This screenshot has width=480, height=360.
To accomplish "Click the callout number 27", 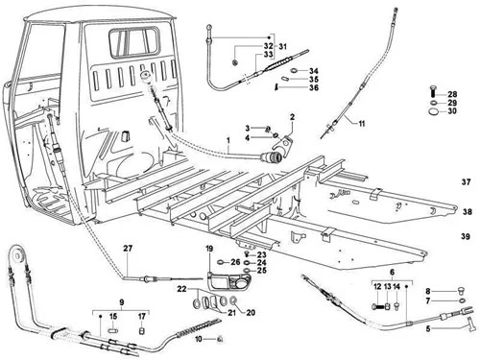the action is point(128,248).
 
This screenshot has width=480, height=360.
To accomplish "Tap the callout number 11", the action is point(362,124).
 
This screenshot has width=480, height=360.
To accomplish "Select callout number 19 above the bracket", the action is point(209,249).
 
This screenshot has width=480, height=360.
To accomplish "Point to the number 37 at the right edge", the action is point(467,182).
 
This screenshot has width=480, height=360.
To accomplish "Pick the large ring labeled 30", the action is point(433,111).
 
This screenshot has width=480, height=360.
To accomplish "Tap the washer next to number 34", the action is point(295,71).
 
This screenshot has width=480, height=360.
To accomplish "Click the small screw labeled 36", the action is point(276,87).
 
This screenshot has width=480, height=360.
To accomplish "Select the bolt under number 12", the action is point(377,307).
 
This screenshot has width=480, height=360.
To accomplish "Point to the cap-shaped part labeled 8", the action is point(461,291).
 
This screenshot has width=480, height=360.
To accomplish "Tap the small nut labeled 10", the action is point(220,339).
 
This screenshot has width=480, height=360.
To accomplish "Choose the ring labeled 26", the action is point(222,262).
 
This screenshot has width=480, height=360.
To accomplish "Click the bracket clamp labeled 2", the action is point(283,145).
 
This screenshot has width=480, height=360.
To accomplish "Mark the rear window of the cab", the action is point(134,42).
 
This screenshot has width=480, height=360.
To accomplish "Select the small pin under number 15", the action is point(112,329).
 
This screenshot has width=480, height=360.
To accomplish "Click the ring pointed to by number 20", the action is point(233,300).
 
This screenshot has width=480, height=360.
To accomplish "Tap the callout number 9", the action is point(122,301).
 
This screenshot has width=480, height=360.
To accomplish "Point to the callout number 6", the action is point(392,273).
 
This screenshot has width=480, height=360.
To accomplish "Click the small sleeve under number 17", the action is point(142,330).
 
